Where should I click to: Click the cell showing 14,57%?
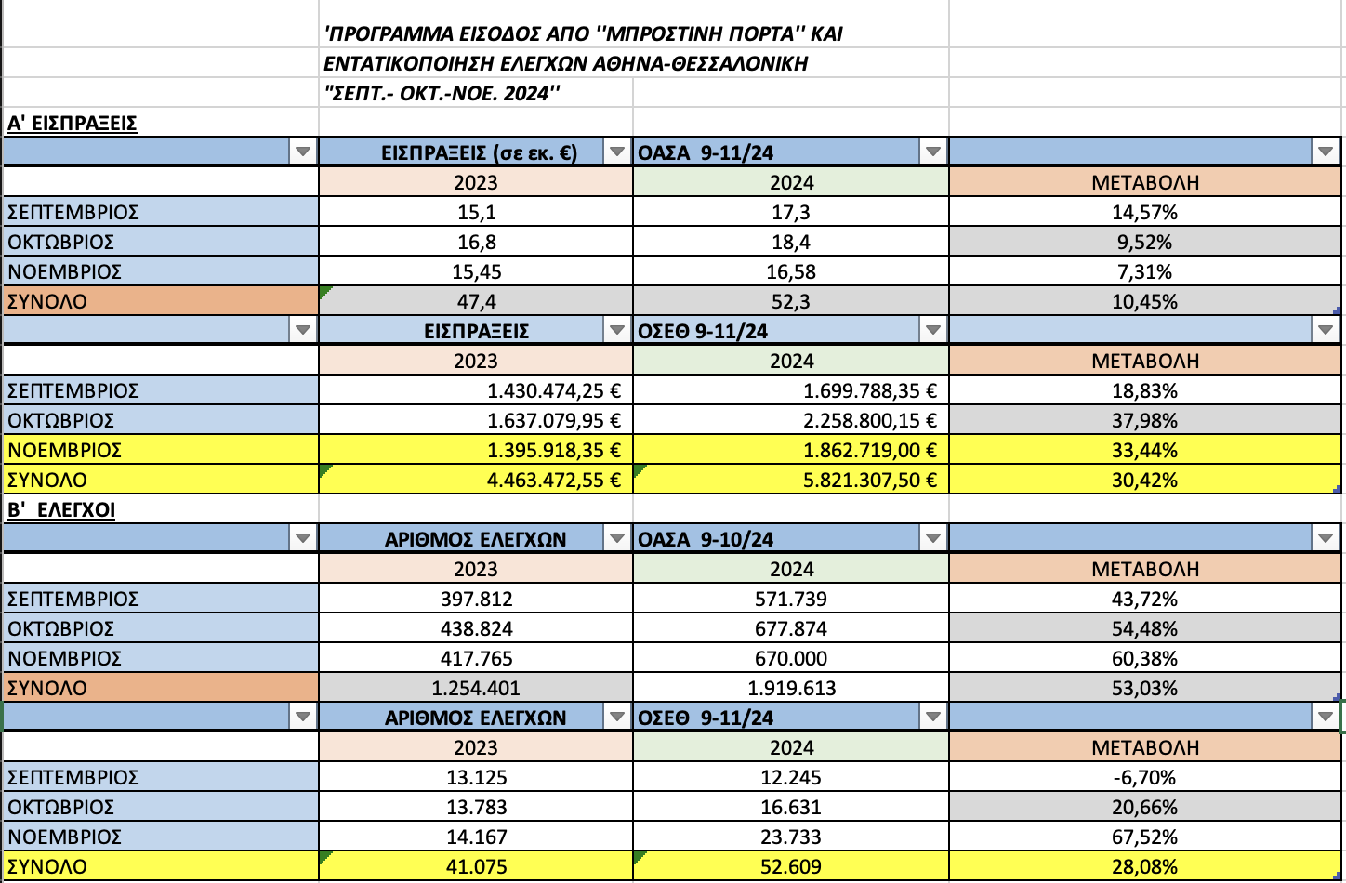1144,213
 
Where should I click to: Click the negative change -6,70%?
1144,778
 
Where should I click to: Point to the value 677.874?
791,629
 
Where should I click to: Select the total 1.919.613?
791,689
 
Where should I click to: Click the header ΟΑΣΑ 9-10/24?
706,539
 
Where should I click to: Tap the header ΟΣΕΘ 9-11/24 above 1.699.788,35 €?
704,331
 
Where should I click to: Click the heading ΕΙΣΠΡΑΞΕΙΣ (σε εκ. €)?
480,152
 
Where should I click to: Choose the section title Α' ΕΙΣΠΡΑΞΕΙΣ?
73,124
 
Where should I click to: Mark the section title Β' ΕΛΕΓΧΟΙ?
61,510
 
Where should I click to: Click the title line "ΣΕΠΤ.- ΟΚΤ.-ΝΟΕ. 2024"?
442,94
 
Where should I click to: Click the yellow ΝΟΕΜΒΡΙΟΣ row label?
65,451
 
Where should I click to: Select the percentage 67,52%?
1144,837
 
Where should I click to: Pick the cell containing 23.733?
791,837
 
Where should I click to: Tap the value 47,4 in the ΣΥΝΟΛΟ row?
476,302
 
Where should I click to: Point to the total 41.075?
476,867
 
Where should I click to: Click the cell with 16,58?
791,272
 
